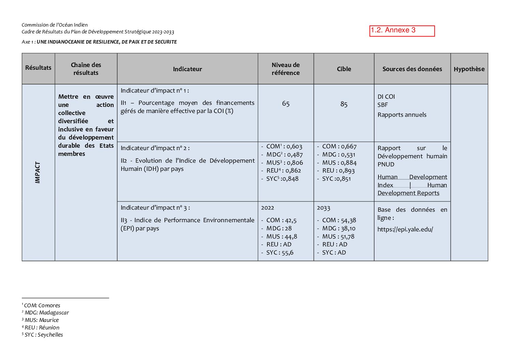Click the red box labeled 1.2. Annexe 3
(402, 31)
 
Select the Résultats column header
(38, 68)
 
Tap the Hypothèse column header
(469, 69)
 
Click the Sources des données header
(412, 69)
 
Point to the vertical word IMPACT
(38, 173)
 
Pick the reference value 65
(285, 104)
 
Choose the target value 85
(344, 104)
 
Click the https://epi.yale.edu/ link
(405, 229)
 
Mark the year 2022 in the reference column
(267, 208)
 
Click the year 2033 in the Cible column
(323, 208)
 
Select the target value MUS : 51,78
(338, 236)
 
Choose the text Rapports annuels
(402, 115)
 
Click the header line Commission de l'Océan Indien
(55, 25)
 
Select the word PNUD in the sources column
(386, 164)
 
